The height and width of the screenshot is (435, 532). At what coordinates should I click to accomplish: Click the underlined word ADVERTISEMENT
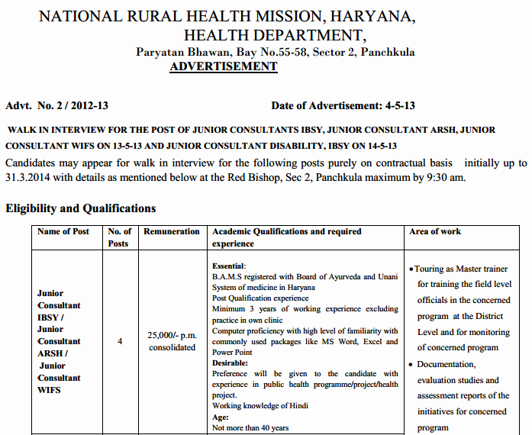[223, 66]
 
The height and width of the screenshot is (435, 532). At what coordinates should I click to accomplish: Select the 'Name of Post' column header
[63, 231]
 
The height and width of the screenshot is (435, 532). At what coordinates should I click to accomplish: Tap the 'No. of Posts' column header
[119, 237]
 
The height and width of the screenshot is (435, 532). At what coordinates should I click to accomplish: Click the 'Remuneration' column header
[172, 231]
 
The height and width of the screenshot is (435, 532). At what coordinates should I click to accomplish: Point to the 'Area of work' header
[435, 231]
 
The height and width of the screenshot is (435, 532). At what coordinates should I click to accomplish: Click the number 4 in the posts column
[120, 341]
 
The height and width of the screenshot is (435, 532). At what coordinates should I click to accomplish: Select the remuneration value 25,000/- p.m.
[172, 335]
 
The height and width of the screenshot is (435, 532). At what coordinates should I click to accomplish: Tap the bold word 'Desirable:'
[231, 363]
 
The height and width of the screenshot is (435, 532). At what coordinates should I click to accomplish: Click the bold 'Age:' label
[220, 417]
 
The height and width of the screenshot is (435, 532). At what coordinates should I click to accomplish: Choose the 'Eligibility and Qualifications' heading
[80, 208]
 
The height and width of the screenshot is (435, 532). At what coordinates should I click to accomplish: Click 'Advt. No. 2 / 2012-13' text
[56, 106]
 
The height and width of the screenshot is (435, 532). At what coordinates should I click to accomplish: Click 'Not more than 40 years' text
[250, 428]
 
